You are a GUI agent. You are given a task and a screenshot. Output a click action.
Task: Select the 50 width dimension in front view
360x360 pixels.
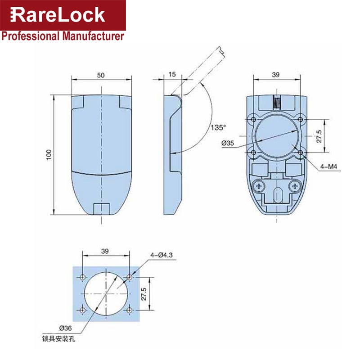tap(103, 75)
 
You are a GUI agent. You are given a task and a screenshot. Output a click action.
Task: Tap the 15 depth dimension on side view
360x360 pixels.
tap(172, 75)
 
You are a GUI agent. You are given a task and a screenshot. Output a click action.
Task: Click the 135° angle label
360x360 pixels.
tap(217, 127)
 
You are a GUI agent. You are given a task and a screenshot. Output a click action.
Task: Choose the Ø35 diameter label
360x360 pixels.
tap(228, 143)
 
